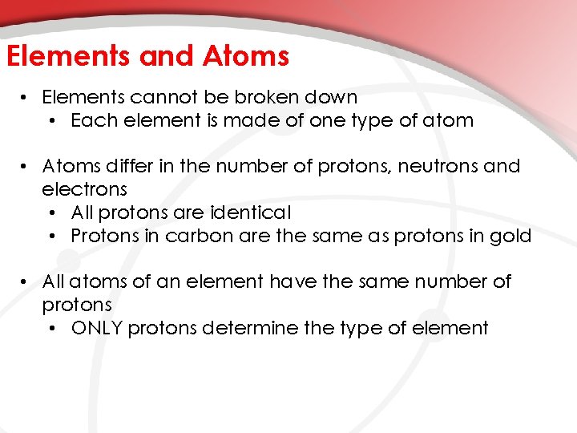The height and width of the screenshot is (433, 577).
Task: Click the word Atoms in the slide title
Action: (x=246, y=56)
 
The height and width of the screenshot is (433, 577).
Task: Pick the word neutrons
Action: (x=429, y=167)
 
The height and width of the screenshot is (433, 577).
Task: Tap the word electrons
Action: (x=84, y=189)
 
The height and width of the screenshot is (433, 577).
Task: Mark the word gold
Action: (x=512, y=236)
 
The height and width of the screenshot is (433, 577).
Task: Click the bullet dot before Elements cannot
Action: (x=26, y=98)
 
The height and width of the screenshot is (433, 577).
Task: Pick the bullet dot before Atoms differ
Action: (x=26, y=168)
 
